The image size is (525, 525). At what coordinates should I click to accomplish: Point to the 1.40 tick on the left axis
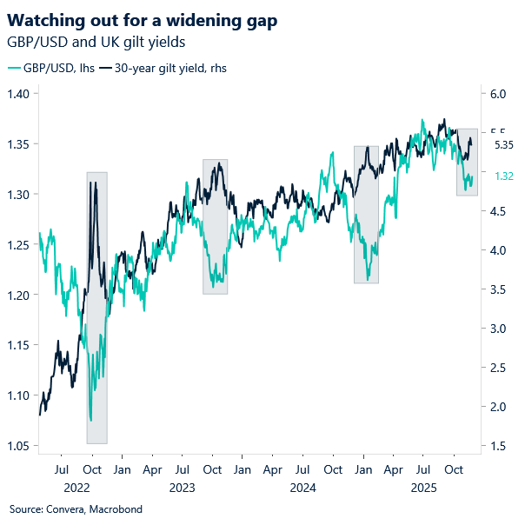[x=19, y=94]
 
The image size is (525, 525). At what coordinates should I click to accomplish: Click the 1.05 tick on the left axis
[x=19, y=447]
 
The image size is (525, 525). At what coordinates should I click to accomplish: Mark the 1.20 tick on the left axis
[x=19, y=296]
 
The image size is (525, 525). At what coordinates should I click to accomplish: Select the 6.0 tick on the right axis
[x=494, y=94]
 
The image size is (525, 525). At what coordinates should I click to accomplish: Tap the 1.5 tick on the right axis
[x=494, y=447]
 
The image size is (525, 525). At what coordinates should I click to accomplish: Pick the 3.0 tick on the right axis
[x=494, y=329]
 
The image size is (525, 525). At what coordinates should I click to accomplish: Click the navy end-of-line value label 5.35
[x=503, y=146]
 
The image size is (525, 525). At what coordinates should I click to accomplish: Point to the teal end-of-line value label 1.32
[x=503, y=176]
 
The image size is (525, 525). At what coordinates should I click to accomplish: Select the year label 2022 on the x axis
[x=76, y=487]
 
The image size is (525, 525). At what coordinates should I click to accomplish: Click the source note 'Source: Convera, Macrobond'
[x=76, y=508]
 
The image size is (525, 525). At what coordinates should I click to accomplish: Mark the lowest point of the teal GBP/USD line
[x=90, y=421]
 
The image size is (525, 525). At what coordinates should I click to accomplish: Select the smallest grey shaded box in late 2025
[x=468, y=162]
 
